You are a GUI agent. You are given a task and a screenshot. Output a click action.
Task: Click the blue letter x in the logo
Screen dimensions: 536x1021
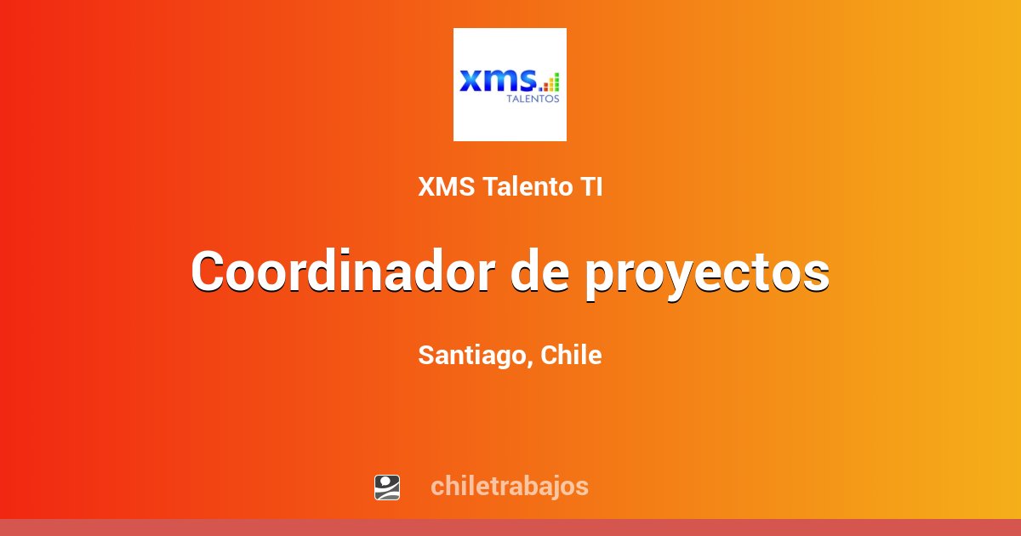(x=471, y=81)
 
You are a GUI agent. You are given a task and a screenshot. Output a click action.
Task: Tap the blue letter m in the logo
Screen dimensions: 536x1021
(x=500, y=81)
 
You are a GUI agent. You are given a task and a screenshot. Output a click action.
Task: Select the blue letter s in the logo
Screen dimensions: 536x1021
(x=528, y=81)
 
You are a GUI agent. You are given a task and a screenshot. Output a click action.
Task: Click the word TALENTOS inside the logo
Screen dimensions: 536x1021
(x=533, y=99)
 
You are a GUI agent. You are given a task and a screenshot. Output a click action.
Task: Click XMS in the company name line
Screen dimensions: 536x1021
(x=448, y=187)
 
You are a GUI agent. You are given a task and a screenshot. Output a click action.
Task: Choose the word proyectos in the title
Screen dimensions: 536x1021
(x=707, y=274)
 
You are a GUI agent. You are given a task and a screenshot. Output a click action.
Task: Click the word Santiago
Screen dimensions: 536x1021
(x=471, y=356)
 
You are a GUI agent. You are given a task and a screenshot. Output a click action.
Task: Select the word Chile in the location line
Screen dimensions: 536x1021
(x=571, y=355)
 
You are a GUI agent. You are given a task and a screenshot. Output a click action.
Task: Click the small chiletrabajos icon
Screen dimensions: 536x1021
(x=387, y=488)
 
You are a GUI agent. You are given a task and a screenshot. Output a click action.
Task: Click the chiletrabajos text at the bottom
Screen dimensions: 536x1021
(x=510, y=487)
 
